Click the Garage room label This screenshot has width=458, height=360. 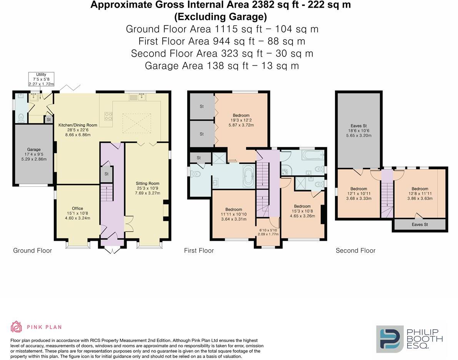click(34, 154)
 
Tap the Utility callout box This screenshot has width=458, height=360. click(41, 79)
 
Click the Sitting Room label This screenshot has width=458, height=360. click(147, 188)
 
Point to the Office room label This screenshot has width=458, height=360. click(78, 213)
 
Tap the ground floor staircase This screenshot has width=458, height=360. click(107, 192)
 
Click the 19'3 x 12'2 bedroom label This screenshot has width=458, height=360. click(241, 120)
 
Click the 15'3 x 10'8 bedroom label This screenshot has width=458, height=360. click(302, 211)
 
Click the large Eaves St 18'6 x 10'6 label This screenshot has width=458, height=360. click(358, 130)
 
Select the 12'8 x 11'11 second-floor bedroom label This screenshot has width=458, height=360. click(420, 194)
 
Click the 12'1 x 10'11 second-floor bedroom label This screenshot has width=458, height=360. click(358, 193)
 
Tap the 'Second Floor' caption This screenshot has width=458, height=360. click(355, 251)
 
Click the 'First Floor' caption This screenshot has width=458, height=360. click(199, 251)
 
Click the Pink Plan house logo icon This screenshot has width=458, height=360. click(16, 327)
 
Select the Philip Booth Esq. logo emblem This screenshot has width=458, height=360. click(389, 339)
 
